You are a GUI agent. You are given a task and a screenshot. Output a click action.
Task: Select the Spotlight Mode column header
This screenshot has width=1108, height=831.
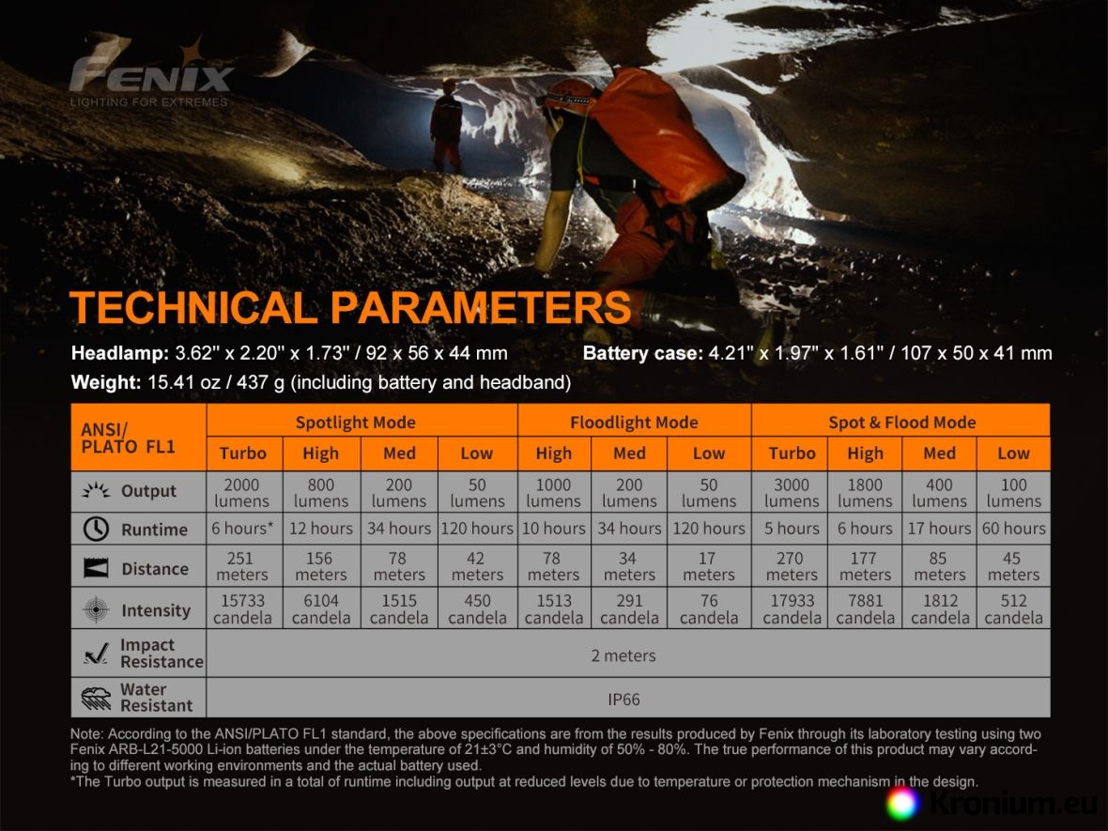tap(356, 423)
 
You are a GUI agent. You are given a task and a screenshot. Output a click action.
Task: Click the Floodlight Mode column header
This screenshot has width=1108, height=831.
tap(634, 423)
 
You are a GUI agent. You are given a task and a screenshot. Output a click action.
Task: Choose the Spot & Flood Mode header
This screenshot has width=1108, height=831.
tap(901, 423)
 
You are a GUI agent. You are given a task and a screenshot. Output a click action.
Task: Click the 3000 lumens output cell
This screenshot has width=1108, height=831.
tap(792, 493)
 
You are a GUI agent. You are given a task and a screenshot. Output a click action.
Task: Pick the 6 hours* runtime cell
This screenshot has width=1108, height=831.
tap(242, 529)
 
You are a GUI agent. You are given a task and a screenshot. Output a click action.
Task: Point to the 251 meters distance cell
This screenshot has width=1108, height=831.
tap(241, 566)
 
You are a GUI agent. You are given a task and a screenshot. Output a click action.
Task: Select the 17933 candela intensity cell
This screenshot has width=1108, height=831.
tap(792, 609)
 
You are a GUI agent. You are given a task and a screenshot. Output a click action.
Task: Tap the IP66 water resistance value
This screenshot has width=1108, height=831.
tap(624, 700)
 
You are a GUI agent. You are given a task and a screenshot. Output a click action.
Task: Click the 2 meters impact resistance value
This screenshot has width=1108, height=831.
tap(623, 655)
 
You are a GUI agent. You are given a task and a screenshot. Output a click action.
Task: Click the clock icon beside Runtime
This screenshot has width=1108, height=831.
tap(96, 529)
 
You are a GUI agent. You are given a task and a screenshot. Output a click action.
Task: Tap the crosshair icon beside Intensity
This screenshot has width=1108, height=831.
tap(96, 609)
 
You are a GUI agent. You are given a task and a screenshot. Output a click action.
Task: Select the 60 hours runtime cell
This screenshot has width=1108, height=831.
tap(1013, 529)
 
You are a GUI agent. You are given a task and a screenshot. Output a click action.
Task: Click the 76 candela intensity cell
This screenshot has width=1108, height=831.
tap(709, 609)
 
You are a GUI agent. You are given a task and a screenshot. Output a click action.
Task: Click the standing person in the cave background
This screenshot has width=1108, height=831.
tap(446, 124)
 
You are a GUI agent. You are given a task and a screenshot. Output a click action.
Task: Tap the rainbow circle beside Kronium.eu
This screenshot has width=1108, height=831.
tap(902, 804)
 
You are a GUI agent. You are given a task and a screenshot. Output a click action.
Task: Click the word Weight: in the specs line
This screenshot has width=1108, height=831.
tap(106, 383)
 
